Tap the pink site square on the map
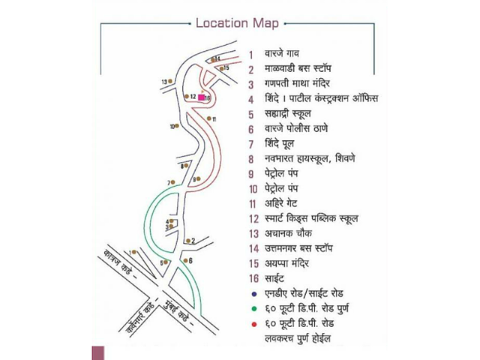click(201, 97)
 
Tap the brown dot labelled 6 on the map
click(183, 261)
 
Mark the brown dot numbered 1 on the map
click(136, 253)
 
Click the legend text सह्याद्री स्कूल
click(292, 114)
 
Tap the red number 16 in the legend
click(252, 278)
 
